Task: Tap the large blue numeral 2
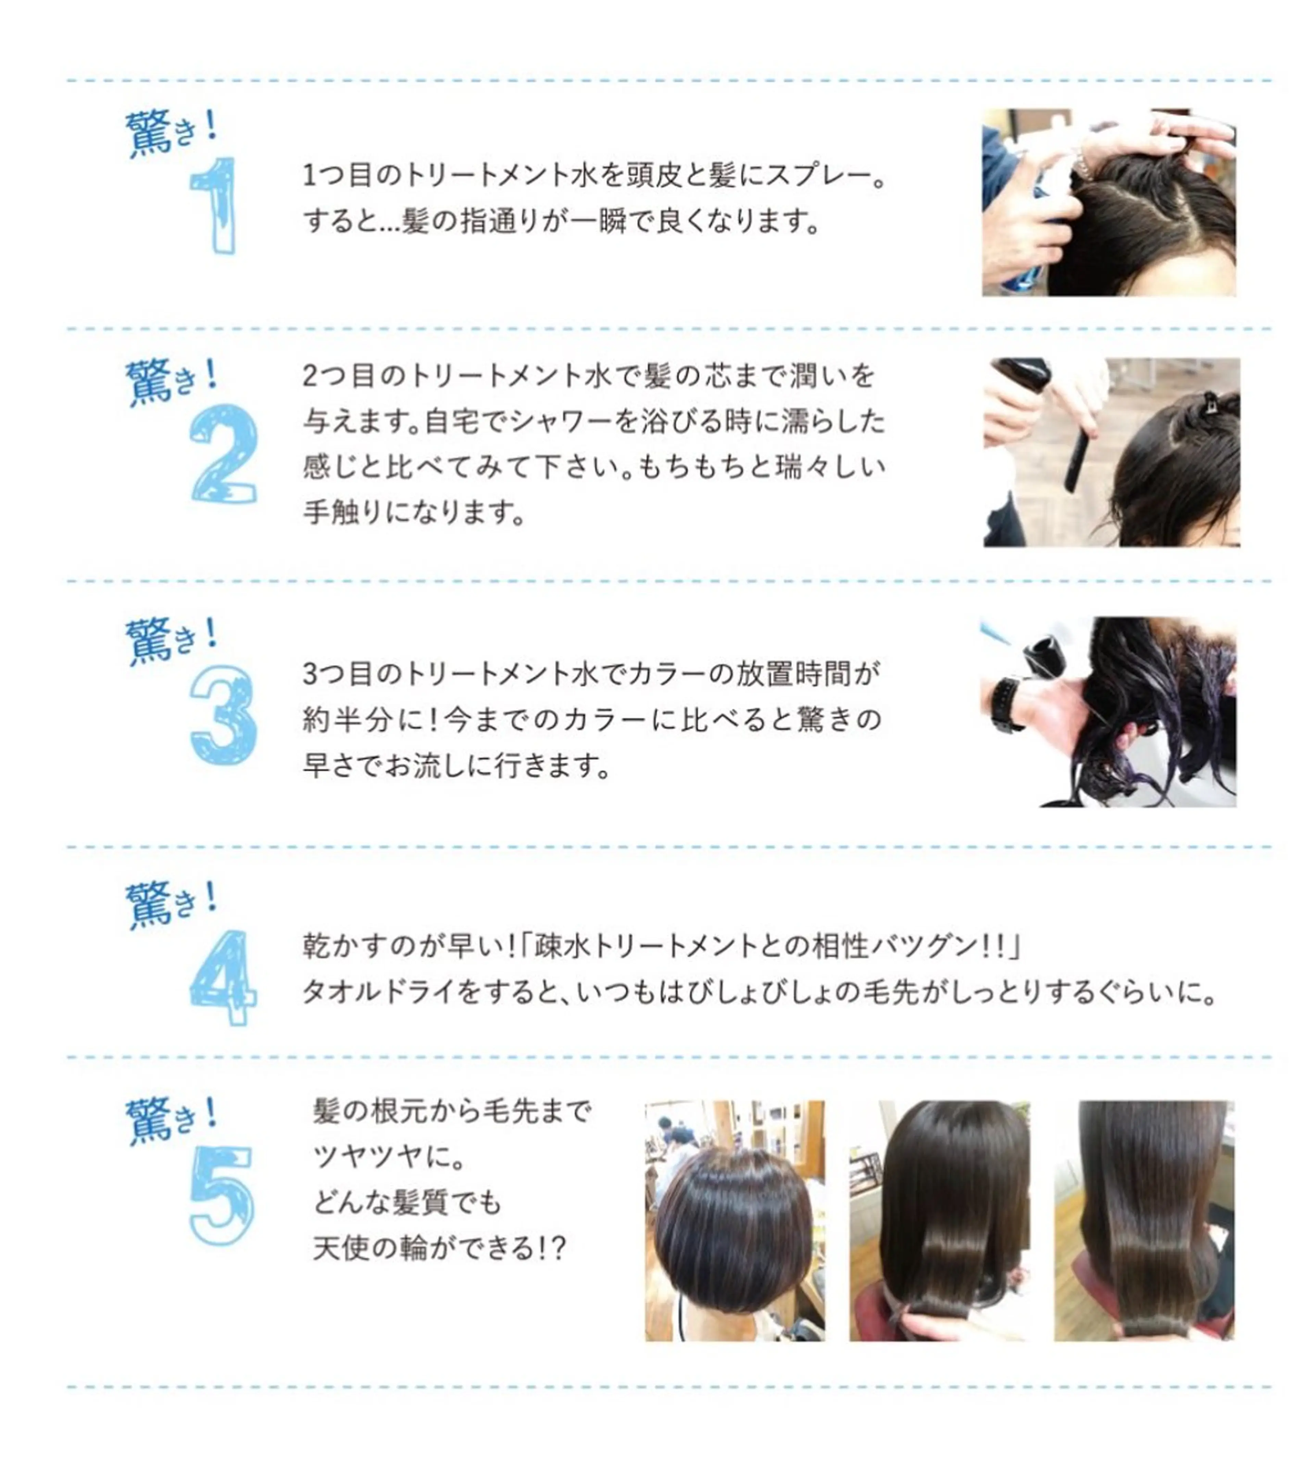pyautogui.click(x=223, y=454)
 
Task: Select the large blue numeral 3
pyautogui.click(x=223, y=716)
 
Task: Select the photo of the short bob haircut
pyautogui.click(x=735, y=1221)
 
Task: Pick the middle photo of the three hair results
pyautogui.click(x=939, y=1221)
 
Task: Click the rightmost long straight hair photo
pyautogui.click(x=1144, y=1221)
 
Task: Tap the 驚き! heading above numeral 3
pyautogui.click(x=172, y=640)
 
